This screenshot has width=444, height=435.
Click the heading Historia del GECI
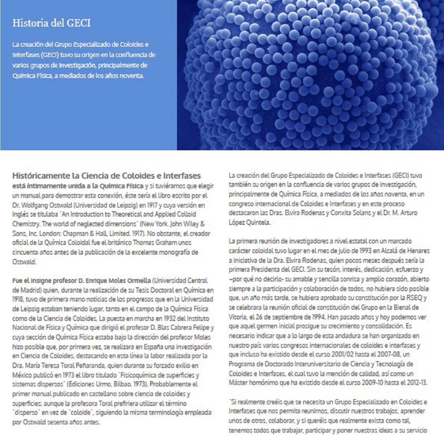pos(52,23)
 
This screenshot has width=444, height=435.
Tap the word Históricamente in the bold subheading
pos(41,176)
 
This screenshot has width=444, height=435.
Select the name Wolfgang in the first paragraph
pos(34,205)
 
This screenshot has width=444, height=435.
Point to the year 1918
pos(18,299)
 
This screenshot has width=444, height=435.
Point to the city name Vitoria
pos(237,317)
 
